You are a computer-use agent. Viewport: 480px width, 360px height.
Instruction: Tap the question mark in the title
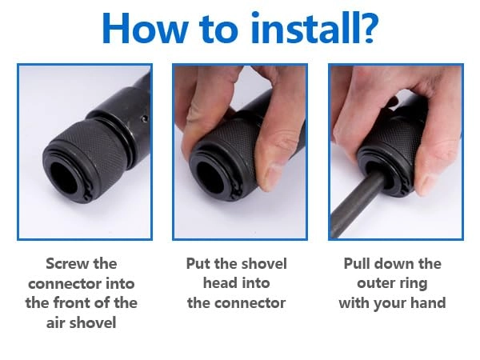[x=367, y=27]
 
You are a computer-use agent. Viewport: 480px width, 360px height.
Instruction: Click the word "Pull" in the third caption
[x=356, y=263]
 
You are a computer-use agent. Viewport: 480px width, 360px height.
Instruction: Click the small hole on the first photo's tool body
[x=145, y=118]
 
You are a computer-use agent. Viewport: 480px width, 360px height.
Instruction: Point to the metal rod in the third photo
[x=358, y=204]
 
